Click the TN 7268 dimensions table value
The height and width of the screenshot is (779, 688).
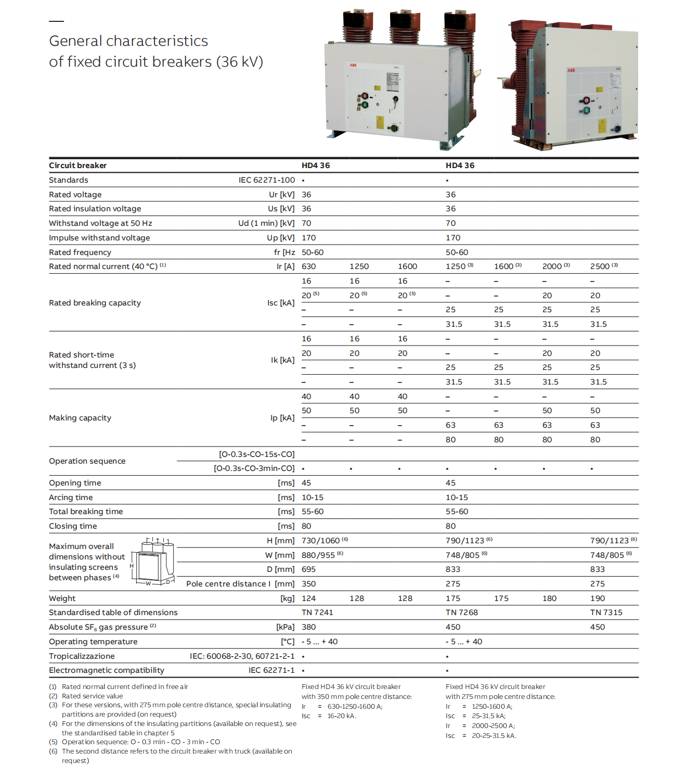coord(461,612)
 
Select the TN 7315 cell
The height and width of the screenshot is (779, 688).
coord(606,612)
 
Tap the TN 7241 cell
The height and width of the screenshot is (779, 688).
coord(317,612)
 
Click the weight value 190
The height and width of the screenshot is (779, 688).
coord(598,598)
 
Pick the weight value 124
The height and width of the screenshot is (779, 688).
coord(308,598)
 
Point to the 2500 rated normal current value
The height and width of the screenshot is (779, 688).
coord(600,266)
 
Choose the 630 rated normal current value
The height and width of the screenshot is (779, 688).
coord(308,266)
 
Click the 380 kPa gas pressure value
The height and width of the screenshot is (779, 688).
coord(308,627)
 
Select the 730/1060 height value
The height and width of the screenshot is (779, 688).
coord(320,541)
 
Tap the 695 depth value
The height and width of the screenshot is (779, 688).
coord(308,569)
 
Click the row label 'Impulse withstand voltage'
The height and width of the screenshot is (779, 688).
coord(99,238)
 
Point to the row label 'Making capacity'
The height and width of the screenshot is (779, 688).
coord(80,418)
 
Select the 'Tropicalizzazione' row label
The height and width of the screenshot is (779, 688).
coord(82,656)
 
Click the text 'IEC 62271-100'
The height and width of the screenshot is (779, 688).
coord(267,180)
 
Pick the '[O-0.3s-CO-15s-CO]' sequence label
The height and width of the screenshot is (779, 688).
coord(256,454)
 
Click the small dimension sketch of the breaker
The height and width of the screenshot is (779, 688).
coord(152,563)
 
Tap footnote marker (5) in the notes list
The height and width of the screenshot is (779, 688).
coord(53,742)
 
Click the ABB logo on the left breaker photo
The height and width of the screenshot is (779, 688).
coord(353,66)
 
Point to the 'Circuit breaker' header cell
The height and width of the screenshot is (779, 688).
coord(77,165)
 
